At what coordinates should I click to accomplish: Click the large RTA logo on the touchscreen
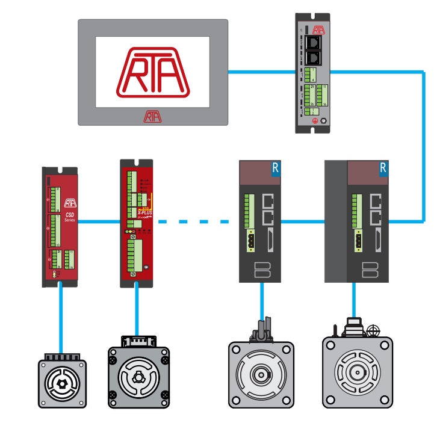click(153, 73)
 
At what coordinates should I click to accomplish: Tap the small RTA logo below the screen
click(153, 116)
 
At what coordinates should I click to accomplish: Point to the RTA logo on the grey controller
click(318, 28)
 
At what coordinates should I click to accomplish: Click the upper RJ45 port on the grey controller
click(314, 43)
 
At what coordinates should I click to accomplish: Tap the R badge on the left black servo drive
click(276, 168)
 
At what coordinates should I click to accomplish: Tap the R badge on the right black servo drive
click(383, 168)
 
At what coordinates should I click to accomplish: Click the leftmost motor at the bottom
click(62, 383)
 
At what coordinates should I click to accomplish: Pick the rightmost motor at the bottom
click(357, 371)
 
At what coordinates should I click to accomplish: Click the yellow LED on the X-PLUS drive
click(127, 231)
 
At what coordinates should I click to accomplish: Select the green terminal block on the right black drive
click(358, 208)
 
